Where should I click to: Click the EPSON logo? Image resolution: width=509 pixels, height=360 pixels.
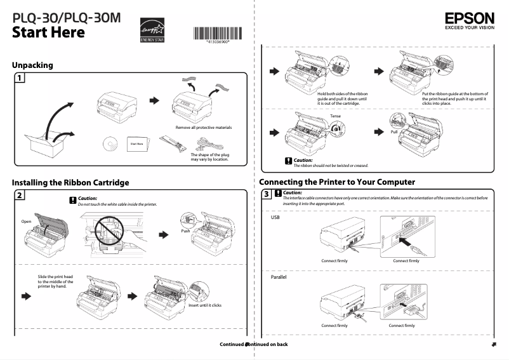(469, 20)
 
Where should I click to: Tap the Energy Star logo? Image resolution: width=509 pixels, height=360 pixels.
(151, 30)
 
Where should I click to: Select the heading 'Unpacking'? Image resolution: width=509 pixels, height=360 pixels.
(32, 65)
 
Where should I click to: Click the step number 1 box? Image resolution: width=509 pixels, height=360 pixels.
(20, 78)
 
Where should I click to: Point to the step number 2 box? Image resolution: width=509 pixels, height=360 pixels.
(20, 196)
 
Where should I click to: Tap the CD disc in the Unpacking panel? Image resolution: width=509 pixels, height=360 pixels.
(108, 144)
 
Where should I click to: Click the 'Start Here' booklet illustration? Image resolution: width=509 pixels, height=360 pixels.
(137, 144)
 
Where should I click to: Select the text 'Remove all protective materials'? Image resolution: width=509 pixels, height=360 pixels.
(204, 127)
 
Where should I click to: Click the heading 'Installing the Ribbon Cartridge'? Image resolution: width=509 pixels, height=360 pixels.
(70, 182)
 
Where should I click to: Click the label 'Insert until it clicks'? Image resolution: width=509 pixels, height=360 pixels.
(205, 305)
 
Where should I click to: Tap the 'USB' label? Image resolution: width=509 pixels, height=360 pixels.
(275, 217)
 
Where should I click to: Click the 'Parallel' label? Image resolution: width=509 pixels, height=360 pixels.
(279, 277)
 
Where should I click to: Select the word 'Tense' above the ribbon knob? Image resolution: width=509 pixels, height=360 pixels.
(336, 116)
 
